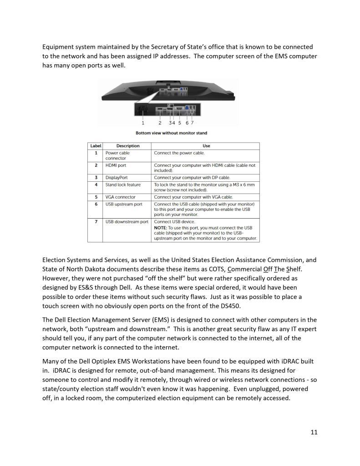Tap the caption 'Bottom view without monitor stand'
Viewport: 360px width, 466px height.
(x=171, y=133)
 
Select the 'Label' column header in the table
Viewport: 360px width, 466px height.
(x=96, y=146)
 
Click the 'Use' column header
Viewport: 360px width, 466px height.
(x=206, y=146)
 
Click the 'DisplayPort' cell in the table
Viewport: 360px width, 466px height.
(x=117, y=178)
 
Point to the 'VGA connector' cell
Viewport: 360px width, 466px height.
(x=120, y=197)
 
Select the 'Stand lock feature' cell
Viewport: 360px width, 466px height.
(x=123, y=184)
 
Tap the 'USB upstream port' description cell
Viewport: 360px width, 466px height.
(x=124, y=204)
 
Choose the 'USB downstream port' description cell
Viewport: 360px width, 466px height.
(x=127, y=222)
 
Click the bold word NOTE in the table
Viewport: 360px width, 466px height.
(x=160, y=227)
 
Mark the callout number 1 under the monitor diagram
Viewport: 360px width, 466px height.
(x=143, y=123)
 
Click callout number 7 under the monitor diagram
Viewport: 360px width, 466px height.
(x=193, y=123)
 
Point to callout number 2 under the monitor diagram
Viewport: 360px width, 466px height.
(x=160, y=123)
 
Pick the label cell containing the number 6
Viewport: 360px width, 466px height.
(x=96, y=204)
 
